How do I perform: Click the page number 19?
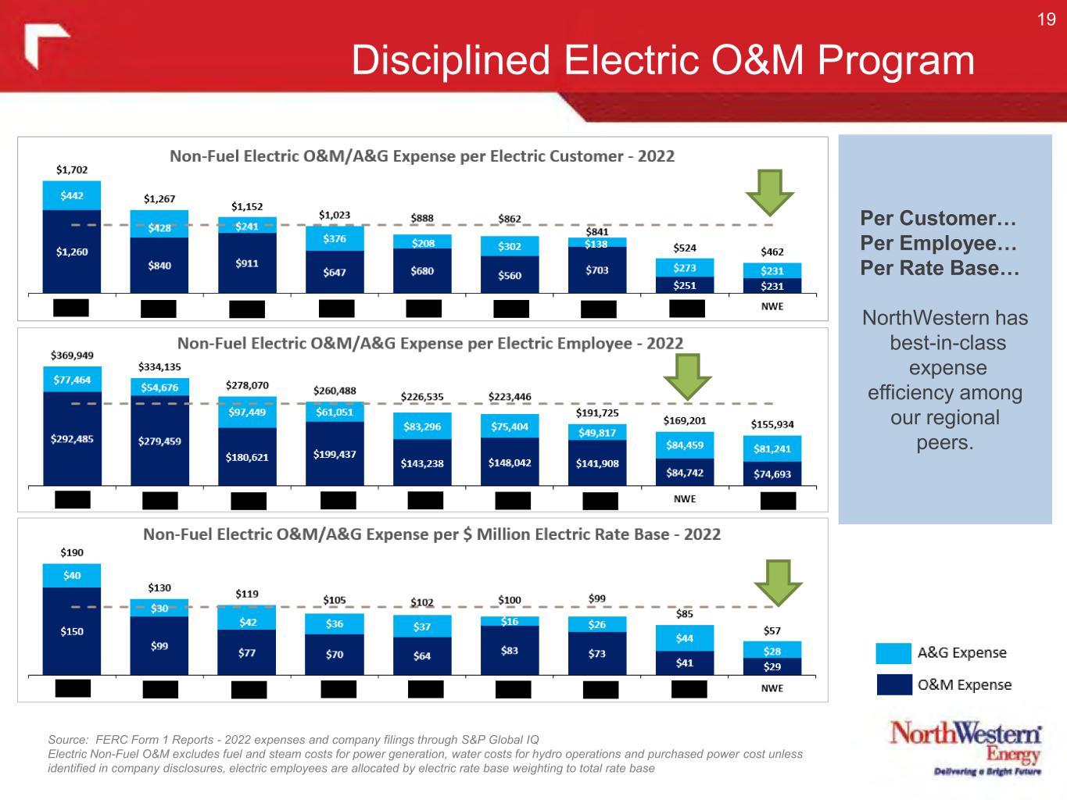(x=1046, y=20)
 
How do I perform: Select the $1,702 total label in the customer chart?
(x=72, y=170)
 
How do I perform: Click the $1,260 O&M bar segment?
(x=72, y=252)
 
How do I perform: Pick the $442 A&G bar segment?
(x=72, y=195)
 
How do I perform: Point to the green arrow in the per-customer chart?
(x=769, y=192)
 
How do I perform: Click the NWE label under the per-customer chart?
(x=772, y=307)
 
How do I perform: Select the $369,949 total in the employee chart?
(x=72, y=355)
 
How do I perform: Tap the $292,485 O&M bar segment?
(x=72, y=439)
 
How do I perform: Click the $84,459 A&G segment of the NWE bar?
(x=685, y=445)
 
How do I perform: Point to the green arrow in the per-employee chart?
(x=687, y=376)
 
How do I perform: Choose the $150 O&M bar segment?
(x=72, y=631)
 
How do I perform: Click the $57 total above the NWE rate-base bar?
(x=772, y=630)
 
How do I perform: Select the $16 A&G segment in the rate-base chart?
(x=510, y=622)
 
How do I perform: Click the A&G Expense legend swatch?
(x=893, y=653)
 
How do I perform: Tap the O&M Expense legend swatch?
(x=893, y=684)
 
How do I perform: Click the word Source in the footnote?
(x=66, y=739)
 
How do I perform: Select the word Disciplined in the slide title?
(x=451, y=60)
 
